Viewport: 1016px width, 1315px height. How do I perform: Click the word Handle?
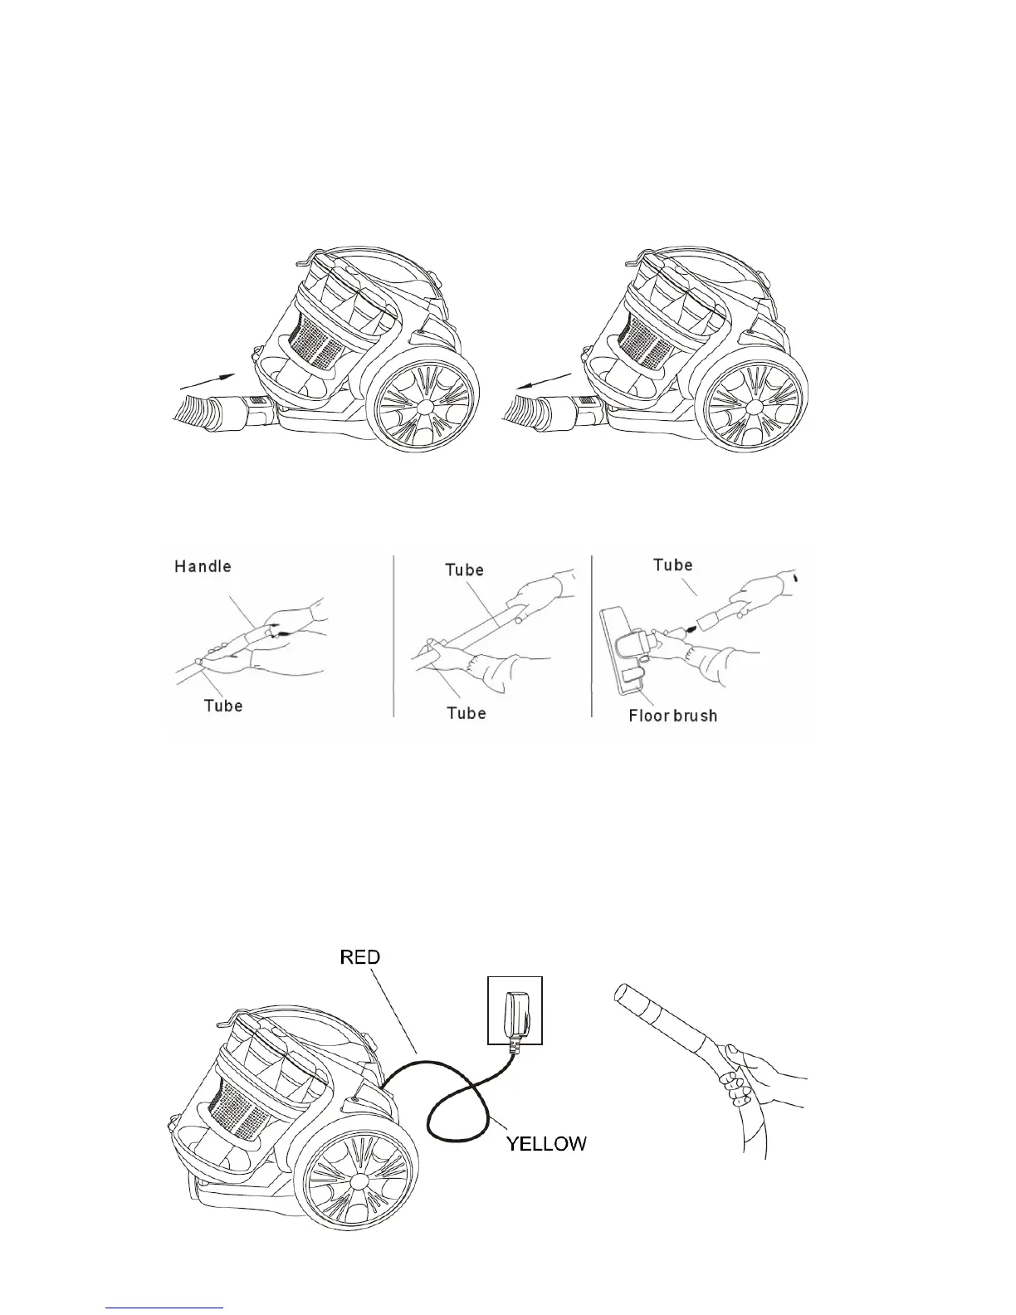tap(203, 567)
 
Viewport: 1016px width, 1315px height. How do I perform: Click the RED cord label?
tap(360, 957)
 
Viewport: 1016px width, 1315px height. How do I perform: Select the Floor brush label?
tap(672, 716)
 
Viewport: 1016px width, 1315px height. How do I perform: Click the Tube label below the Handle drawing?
tap(223, 706)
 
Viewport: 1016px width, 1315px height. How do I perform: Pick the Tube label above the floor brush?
tap(672, 565)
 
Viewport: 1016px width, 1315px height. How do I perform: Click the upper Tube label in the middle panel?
tap(464, 570)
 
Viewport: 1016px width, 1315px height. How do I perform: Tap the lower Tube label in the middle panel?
tap(466, 713)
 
